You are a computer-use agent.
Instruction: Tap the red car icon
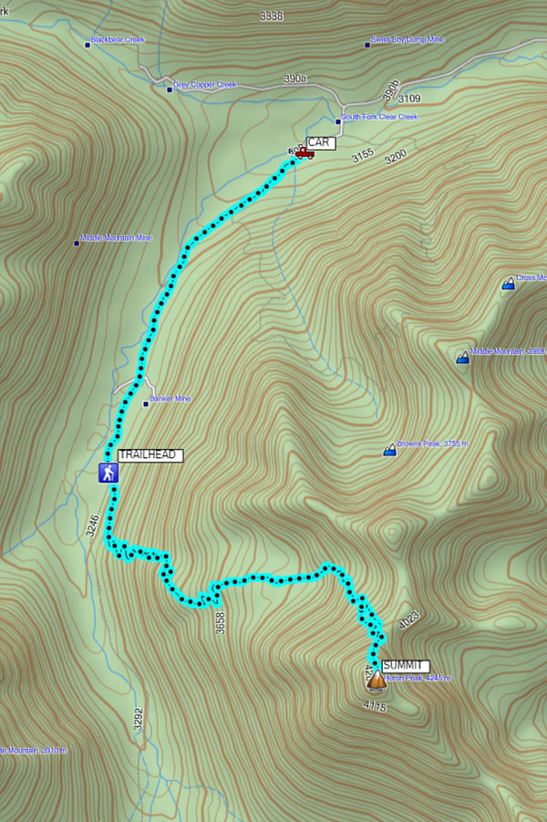click(x=304, y=153)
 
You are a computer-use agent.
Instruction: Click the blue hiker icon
click(x=108, y=473)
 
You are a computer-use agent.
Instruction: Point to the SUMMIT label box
click(x=405, y=666)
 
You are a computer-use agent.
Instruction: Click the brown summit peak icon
click(x=376, y=680)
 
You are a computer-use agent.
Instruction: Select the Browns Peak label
click(x=432, y=444)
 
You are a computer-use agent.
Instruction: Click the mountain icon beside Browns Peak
click(x=390, y=450)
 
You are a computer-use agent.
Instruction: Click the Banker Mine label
click(x=170, y=400)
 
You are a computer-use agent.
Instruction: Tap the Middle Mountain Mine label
click(x=116, y=237)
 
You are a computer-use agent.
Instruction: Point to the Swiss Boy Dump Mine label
click(x=407, y=40)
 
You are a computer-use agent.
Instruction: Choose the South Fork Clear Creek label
click(x=379, y=118)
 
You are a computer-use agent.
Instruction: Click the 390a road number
click(x=294, y=79)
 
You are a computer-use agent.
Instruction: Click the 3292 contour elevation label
click(x=139, y=721)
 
